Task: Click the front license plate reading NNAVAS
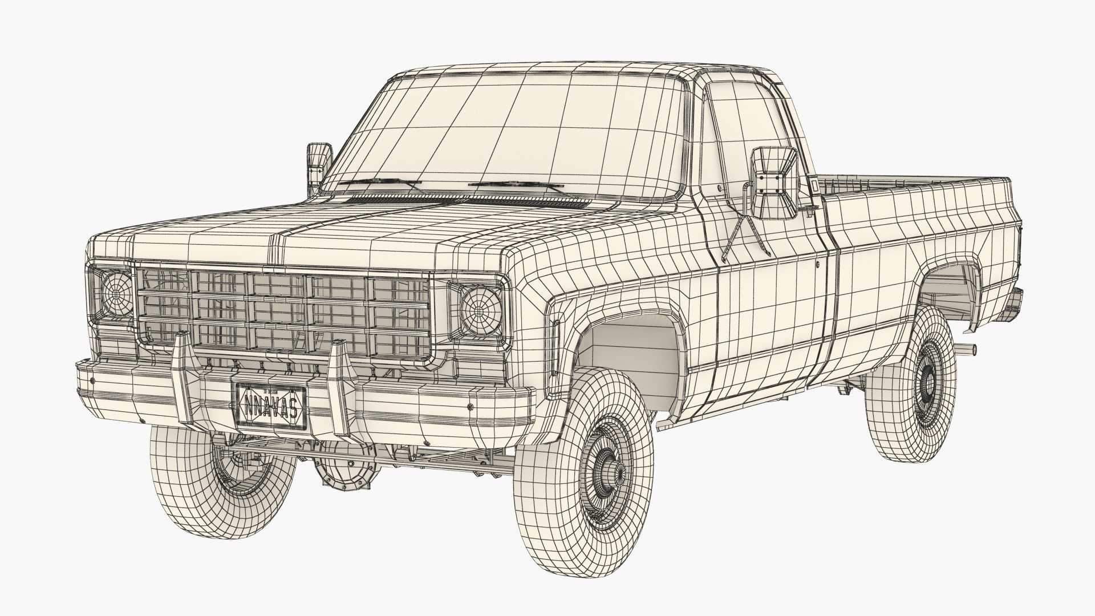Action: click(x=270, y=406)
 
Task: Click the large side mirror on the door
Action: click(x=773, y=183)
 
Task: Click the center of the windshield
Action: click(x=502, y=131)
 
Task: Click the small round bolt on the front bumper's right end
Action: click(x=471, y=407)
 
